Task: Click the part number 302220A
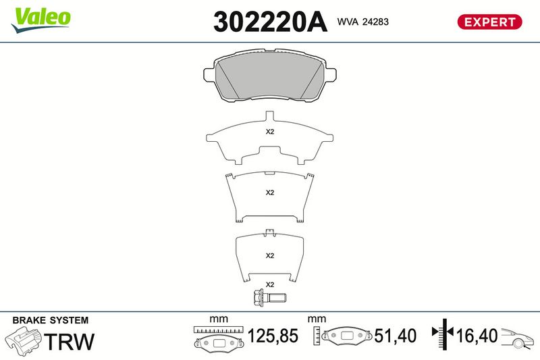coord(270,22)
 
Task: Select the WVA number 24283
coord(375,22)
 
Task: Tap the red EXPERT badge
coord(489,22)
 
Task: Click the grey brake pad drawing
coord(269,76)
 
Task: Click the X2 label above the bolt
coord(269,284)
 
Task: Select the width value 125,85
coord(273,336)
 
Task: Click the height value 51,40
coord(395,336)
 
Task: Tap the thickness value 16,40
coord(477,336)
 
